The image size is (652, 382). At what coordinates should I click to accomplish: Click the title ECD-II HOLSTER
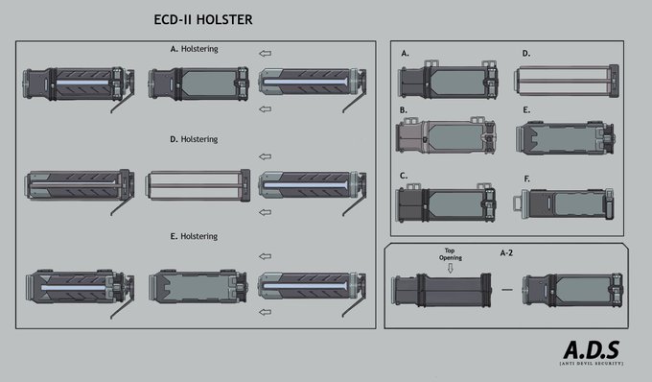coord(203,19)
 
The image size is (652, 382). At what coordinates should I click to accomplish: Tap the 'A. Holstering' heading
coord(195,49)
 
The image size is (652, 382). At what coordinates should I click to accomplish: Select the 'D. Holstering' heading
coord(194,139)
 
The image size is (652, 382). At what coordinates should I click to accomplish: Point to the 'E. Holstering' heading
coord(194,236)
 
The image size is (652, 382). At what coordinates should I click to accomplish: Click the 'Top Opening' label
coord(451,254)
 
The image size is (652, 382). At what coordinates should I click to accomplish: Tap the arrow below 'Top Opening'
coord(451,269)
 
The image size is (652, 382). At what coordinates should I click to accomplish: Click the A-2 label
coord(506,253)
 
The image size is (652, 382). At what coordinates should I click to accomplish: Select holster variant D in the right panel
coord(568,81)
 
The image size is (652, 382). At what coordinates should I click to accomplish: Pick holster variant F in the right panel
coord(564,203)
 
